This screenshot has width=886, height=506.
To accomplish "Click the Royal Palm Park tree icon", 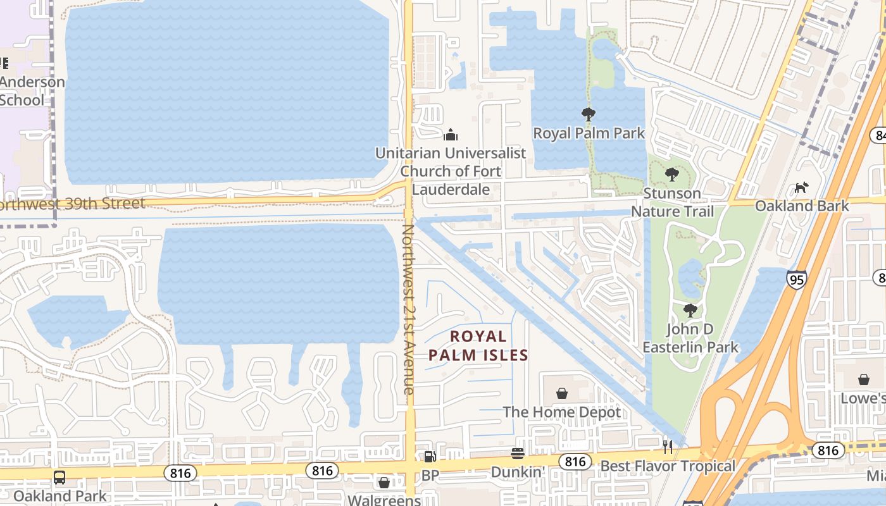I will click(x=589, y=114).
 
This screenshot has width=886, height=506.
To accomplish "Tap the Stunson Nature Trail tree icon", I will click(x=672, y=174).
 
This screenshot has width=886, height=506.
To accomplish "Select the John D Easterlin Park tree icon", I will click(x=690, y=311).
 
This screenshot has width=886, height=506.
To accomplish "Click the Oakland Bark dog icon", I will click(x=801, y=187).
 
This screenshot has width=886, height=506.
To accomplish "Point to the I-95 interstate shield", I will click(x=797, y=279).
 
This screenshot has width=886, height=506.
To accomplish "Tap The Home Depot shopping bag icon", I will click(x=562, y=393).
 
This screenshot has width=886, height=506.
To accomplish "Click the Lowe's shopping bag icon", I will click(x=864, y=379).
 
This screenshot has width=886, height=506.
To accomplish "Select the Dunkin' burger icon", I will click(x=518, y=454).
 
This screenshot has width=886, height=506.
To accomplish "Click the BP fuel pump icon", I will click(x=430, y=456).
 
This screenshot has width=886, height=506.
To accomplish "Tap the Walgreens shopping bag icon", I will click(x=384, y=483).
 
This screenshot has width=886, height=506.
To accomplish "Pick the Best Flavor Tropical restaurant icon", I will click(x=668, y=447).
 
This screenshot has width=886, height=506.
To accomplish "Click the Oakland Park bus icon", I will click(x=59, y=477).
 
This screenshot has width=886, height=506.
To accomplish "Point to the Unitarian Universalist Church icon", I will click(x=451, y=134).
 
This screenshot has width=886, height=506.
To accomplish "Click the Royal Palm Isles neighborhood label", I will click(x=478, y=345).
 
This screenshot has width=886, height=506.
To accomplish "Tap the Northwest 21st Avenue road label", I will click(x=409, y=310).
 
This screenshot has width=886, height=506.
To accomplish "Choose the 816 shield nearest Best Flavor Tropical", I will click(x=575, y=462).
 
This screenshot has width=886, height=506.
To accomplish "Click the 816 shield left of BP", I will click(x=322, y=470).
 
